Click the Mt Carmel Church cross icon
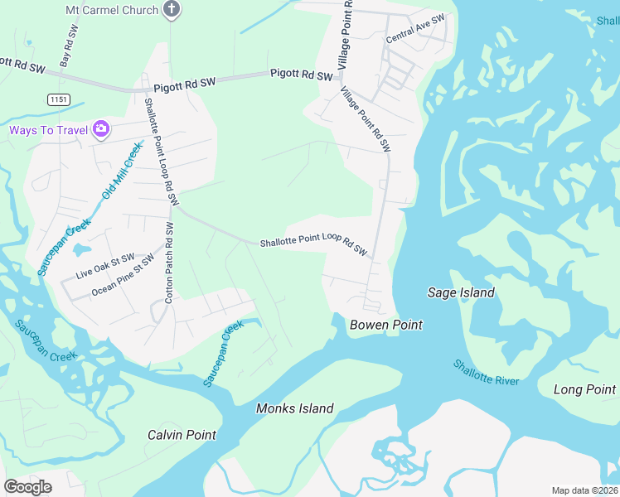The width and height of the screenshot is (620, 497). click(x=172, y=10)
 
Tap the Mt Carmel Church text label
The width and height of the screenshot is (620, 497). click(x=111, y=10)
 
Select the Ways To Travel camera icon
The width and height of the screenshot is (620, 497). click(x=101, y=128)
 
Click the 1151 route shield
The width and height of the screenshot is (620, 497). click(x=58, y=99)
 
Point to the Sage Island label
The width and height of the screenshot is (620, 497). click(x=461, y=292)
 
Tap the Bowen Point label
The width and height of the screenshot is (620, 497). click(x=385, y=325)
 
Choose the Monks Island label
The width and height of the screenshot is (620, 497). click(x=294, y=408)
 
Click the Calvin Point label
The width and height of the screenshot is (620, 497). click(x=182, y=435)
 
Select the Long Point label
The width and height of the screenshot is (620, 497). click(x=584, y=389)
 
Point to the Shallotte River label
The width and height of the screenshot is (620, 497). click(x=486, y=372)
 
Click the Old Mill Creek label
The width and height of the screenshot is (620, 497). click(x=122, y=171)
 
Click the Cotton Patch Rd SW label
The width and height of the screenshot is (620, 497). click(x=169, y=262)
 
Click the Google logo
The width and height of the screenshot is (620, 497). click(x=27, y=487)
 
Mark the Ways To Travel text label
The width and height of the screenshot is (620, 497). click(x=49, y=130)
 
